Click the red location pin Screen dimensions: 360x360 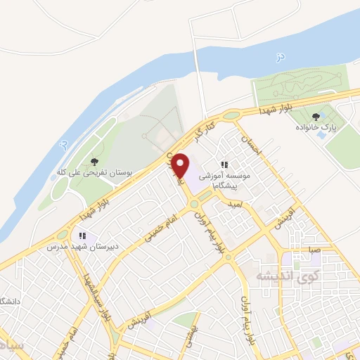point(181,165)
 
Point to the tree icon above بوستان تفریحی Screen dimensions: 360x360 point(95,161)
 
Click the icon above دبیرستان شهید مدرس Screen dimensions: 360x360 point(82,236)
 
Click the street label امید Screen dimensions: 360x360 point(236,202)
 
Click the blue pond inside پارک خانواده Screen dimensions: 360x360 point(321,134)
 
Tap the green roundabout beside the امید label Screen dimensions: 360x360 point(193,204)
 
